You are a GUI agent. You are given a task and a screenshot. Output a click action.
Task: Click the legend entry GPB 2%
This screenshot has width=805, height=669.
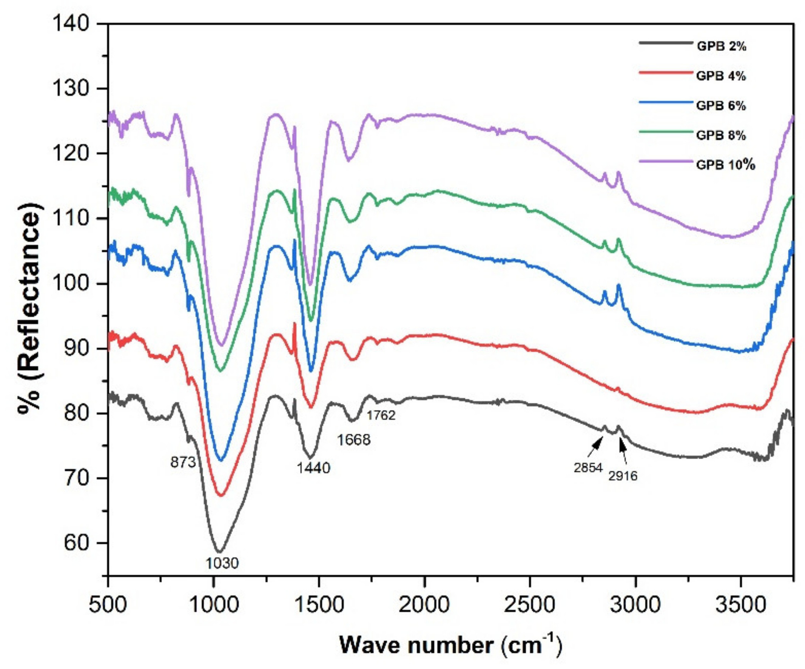point(721,47)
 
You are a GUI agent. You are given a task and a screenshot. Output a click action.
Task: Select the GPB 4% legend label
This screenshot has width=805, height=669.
point(721,76)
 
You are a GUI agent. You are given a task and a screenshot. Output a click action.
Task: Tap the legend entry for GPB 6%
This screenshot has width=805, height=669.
point(721,106)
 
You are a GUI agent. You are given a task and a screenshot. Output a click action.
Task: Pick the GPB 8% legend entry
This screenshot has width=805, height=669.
point(721,135)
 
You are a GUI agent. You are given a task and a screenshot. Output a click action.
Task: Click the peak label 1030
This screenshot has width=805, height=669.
point(222,563)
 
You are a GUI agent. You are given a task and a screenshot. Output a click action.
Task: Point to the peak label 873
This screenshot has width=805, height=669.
point(183,463)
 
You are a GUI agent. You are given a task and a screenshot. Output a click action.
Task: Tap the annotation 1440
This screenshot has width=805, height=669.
point(313,468)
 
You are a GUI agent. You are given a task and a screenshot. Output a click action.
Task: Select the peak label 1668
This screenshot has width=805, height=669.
point(353,440)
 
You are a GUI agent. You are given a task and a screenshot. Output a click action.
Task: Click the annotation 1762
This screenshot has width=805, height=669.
point(381,415)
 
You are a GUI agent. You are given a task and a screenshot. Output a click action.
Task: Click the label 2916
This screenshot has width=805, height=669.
point(623,476)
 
